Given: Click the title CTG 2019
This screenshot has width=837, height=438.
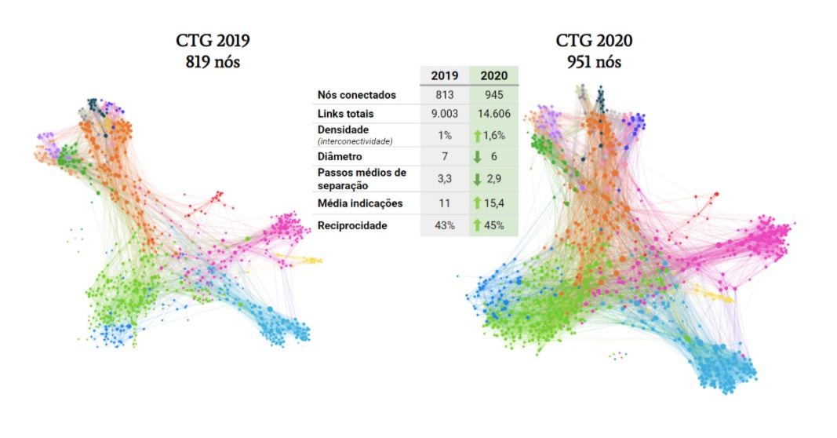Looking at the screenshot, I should click(207, 42).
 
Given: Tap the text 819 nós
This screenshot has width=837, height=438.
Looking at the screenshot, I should click(207, 61).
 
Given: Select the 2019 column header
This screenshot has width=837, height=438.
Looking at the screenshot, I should click(444, 75).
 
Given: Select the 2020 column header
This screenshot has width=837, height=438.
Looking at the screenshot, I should click(494, 75).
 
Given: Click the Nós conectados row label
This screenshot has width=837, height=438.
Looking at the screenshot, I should click(357, 95).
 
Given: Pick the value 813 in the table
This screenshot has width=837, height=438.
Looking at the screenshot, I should click(445, 95).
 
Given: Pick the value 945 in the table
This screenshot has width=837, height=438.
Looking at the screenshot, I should click(494, 95).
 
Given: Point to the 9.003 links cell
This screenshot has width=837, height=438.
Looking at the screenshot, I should click(445, 114).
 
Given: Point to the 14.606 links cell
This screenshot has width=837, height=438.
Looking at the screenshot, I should click(494, 114).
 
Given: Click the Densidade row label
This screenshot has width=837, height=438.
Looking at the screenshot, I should click(344, 129).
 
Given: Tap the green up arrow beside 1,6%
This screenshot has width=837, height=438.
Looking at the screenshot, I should click(478, 134).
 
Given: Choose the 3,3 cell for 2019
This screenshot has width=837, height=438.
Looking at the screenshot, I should click(445, 179).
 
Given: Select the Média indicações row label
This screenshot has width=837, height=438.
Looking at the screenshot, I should click(360, 204).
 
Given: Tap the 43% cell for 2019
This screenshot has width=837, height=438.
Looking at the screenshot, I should click(445, 226).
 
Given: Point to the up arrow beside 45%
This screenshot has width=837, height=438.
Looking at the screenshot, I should click(478, 226).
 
